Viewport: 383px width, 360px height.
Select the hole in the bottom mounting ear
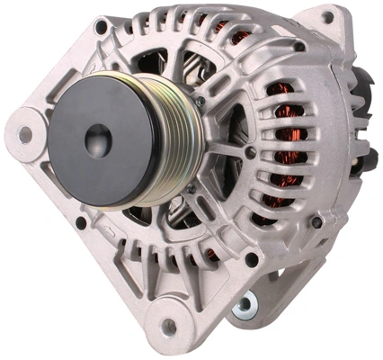click(x=169, y=326)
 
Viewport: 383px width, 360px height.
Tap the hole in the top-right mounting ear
click(x=327, y=17)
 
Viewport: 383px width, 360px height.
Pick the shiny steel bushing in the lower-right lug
click(x=243, y=305)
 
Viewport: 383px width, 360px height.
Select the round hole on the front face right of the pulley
click(x=249, y=153)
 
